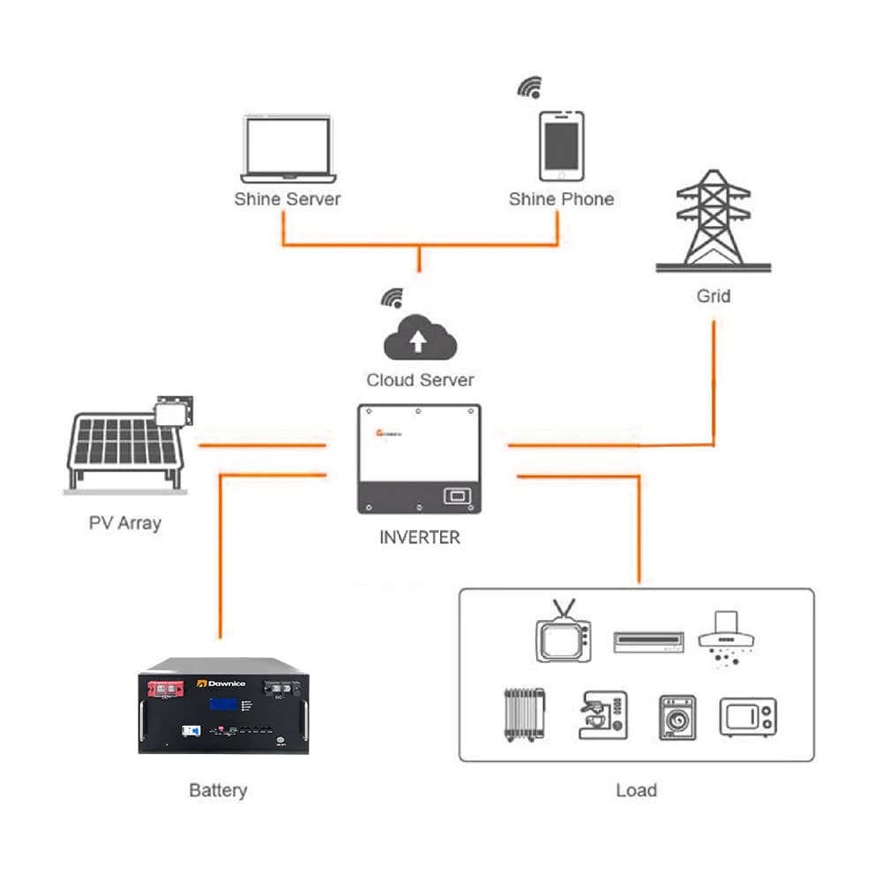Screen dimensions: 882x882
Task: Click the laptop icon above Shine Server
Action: pos(287,148)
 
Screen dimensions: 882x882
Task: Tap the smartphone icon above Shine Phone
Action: pos(561,146)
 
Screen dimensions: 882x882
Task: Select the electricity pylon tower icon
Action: pos(714,220)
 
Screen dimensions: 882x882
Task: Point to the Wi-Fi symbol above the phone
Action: pos(529,87)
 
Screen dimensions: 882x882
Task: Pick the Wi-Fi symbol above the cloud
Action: pos(392,297)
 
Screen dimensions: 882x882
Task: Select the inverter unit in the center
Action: pos(419,459)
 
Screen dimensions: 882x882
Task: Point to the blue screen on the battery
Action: pos(222,705)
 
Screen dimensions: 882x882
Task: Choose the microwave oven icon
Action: pos(748,717)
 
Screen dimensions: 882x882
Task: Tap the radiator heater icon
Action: pos(522,714)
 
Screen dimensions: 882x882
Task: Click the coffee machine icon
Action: pos(602,714)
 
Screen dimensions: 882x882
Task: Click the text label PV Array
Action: pos(125,523)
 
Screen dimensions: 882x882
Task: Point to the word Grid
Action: pos(713,296)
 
